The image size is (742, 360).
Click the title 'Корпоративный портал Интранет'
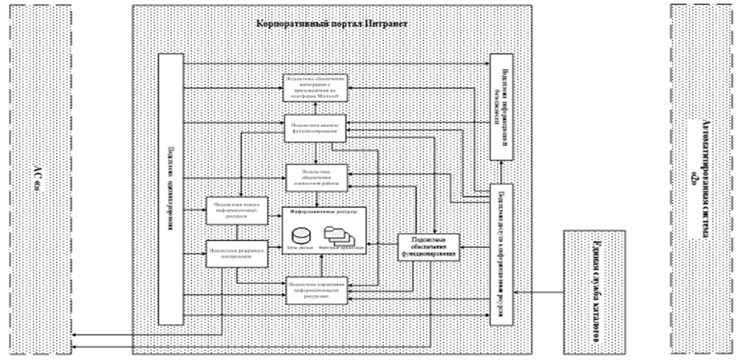pos(332,23)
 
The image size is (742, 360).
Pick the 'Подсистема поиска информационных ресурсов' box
pos(229,210)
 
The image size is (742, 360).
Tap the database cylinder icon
pos(300,236)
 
